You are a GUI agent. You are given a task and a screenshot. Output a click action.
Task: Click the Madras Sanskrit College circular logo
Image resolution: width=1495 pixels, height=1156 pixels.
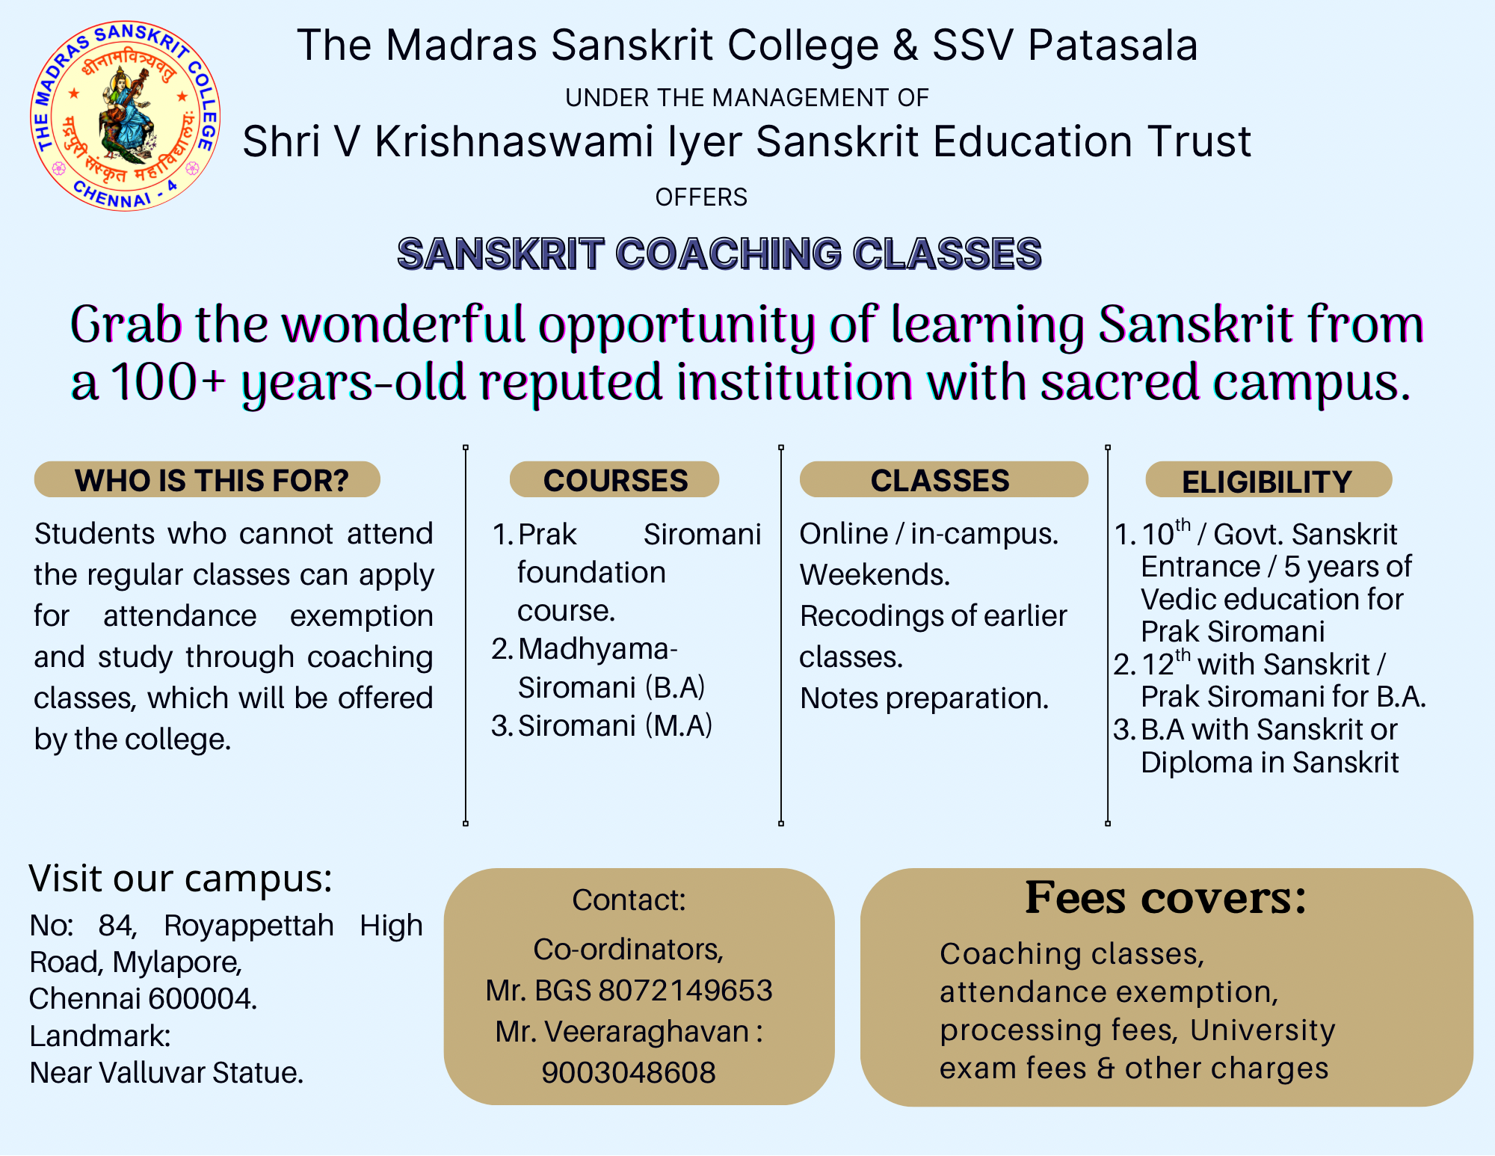(x=125, y=116)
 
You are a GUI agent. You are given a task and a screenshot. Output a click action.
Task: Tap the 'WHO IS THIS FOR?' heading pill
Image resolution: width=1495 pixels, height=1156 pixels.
(x=207, y=479)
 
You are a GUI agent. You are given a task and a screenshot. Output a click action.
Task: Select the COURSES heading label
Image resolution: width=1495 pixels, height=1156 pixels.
(x=614, y=479)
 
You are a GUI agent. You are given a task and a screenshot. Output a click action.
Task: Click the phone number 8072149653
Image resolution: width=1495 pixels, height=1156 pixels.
(x=685, y=990)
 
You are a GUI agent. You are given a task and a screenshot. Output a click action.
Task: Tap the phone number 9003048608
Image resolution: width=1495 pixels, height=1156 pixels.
(x=629, y=1072)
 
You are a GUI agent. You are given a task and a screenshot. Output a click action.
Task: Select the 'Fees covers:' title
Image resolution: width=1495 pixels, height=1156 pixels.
(x=1165, y=897)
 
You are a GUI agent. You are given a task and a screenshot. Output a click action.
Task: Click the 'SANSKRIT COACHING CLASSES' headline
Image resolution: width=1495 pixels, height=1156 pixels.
(x=719, y=253)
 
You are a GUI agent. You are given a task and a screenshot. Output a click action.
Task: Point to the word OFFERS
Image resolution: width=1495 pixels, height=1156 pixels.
(x=701, y=197)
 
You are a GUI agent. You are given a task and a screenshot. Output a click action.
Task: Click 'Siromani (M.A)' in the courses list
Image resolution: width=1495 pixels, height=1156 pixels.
(x=615, y=725)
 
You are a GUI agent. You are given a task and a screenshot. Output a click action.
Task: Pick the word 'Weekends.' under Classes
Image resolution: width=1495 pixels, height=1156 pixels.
(x=875, y=574)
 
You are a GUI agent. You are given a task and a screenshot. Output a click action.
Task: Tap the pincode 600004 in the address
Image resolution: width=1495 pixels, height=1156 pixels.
(x=203, y=999)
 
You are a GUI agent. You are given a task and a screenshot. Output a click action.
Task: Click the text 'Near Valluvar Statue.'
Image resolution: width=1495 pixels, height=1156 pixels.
(x=167, y=1072)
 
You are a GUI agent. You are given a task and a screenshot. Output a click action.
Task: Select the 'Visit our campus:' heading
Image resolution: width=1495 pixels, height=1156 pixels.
(x=180, y=878)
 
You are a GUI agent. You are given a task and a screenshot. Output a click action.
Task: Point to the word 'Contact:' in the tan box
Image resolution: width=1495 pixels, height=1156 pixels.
(x=629, y=900)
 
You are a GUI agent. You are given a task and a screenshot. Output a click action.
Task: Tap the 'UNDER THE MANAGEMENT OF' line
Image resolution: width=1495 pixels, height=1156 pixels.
(x=747, y=98)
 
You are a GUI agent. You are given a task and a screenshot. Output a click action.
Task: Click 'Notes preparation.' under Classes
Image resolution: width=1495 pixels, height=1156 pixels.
(x=925, y=698)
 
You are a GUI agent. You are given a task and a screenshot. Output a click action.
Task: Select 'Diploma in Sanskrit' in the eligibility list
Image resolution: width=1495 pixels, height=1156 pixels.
(x=1270, y=762)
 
